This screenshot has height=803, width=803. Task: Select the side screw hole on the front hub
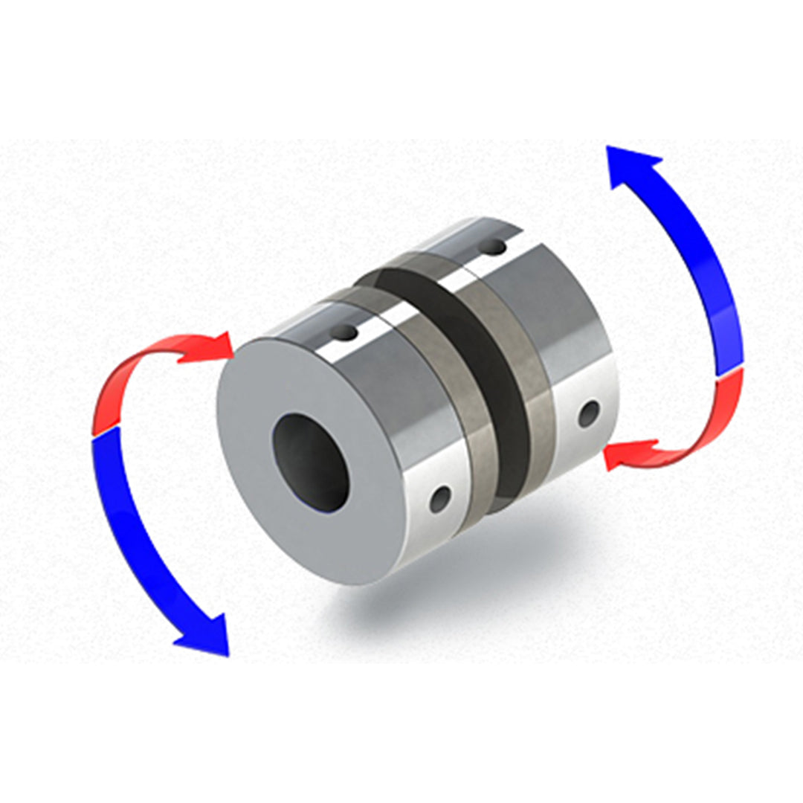(x=442, y=496)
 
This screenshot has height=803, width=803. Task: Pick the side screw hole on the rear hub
(x=589, y=413)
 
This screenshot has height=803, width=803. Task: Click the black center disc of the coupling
(x=491, y=387)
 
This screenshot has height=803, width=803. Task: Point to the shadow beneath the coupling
(x=446, y=587)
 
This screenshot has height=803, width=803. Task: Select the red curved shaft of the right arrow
(x=706, y=431)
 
